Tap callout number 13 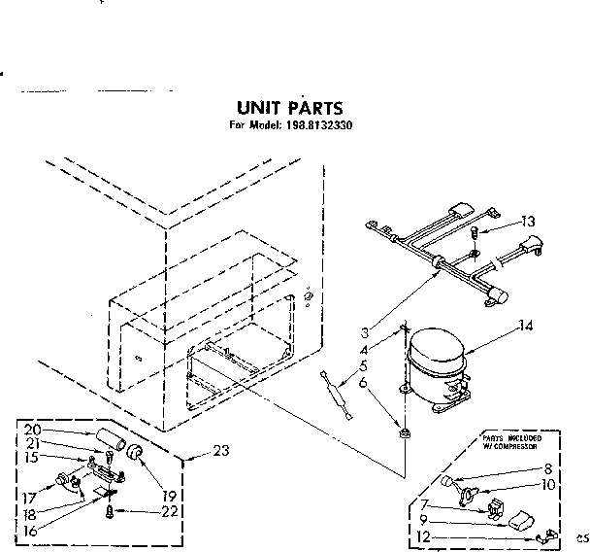click(527, 222)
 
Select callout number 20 click(32, 429)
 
